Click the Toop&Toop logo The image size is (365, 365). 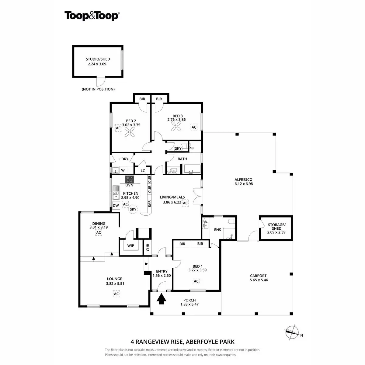coord(92,16)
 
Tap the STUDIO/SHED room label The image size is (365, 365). coord(98,59)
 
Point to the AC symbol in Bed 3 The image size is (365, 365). coord(194,127)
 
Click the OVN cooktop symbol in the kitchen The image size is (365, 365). coord(130,179)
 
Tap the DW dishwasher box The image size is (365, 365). coord(116,206)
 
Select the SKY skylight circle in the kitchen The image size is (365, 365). coord(133,209)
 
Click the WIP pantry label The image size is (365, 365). coord(131,246)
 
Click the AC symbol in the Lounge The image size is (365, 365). coord(116,294)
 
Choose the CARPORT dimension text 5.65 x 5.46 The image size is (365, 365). coord(258,280)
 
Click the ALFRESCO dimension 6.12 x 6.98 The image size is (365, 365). coord(244,184)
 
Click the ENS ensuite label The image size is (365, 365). coord(217,230)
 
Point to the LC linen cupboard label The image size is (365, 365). coord(143,171)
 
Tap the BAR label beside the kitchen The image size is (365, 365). coord(150,204)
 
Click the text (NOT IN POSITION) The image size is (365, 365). coord(98,89)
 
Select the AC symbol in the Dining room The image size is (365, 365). coord(98,233)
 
